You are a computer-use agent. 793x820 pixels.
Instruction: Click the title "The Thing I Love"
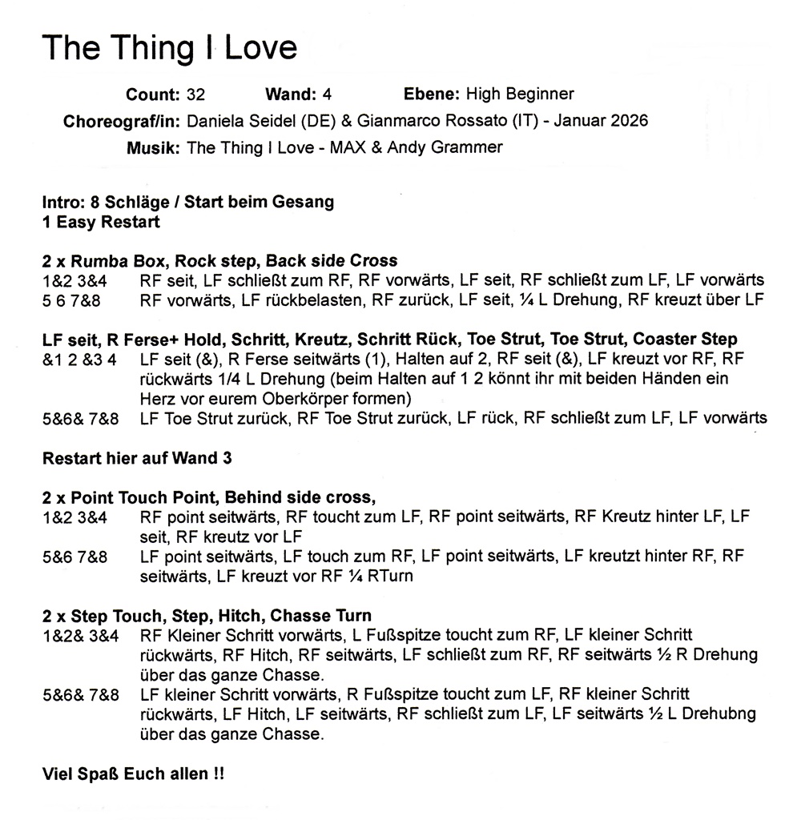pos(169,48)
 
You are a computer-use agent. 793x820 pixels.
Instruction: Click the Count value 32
pos(195,94)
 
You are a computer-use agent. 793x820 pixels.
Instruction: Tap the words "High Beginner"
pos(520,94)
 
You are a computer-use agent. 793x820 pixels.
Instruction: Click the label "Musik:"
pos(153,148)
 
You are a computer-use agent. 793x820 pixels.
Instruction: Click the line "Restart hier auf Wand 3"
pos(131,458)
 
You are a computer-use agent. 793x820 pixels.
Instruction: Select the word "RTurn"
pos(392,576)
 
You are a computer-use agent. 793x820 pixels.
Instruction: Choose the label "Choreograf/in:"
pos(121,122)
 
